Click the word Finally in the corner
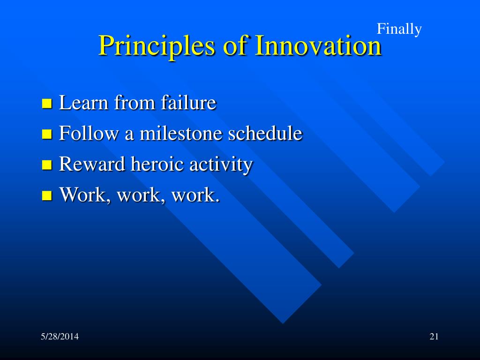pyautogui.click(x=399, y=30)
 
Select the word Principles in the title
pyautogui.click(x=156, y=46)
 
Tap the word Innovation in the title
pyautogui.click(x=318, y=45)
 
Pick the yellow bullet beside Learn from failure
pyautogui.click(x=47, y=104)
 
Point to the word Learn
pyautogui.click(x=83, y=102)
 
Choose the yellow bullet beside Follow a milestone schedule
pyautogui.click(x=47, y=134)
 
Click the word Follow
pyautogui.click(x=89, y=133)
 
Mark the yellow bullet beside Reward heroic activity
pyautogui.click(x=47, y=165)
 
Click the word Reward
pyautogui.click(x=92, y=164)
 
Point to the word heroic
pyautogui.click(x=157, y=164)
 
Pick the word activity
pyautogui.click(x=221, y=165)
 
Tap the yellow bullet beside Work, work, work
pyautogui.click(x=47, y=195)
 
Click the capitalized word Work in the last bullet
pyautogui.click(x=82, y=195)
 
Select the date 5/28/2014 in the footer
pyautogui.click(x=60, y=337)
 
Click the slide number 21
pyautogui.click(x=434, y=337)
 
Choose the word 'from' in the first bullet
pyautogui.click(x=135, y=102)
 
